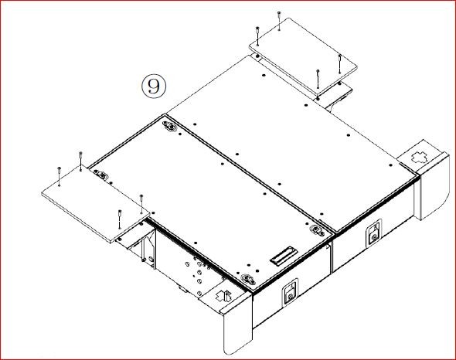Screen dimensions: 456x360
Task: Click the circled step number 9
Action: [154, 86]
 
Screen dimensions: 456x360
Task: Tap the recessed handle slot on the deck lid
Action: [284, 256]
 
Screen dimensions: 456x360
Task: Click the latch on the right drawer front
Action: [373, 233]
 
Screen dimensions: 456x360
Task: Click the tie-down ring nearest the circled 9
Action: [170, 127]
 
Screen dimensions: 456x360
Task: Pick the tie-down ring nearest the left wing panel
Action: [102, 175]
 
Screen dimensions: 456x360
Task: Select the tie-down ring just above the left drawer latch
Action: [247, 280]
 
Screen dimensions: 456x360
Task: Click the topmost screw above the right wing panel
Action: [279, 21]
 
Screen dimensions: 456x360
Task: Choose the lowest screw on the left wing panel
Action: [120, 219]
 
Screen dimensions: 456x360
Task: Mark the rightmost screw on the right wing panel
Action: [339, 63]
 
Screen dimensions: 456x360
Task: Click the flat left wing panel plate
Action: [96, 202]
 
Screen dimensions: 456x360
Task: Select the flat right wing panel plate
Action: [303, 56]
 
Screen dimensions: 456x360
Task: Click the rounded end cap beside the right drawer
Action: [434, 188]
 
